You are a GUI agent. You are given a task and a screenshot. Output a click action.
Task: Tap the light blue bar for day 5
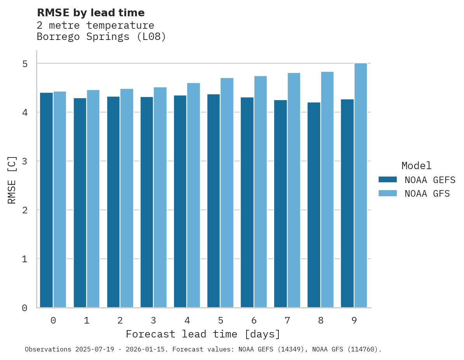tap(227, 193)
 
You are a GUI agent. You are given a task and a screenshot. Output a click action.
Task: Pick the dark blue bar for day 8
tap(314, 205)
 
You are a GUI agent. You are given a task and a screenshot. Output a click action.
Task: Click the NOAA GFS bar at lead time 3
tap(160, 197)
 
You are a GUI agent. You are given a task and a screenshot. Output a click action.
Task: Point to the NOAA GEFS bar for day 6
tap(247, 202)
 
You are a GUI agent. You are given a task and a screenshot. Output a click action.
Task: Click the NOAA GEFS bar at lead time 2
tap(113, 202)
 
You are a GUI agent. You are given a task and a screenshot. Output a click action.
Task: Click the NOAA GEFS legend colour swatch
tap(388, 180)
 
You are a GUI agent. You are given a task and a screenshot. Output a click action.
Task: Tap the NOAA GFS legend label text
tap(427, 193)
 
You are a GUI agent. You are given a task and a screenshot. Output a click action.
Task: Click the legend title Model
tap(416, 166)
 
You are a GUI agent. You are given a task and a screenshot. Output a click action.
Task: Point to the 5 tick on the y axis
tap(24, 64)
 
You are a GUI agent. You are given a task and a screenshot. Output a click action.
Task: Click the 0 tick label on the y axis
tap(24, 308)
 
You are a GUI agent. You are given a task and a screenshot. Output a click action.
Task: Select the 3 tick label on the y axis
tap(24, 161)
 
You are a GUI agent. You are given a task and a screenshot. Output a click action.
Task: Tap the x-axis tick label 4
tap(187, 320)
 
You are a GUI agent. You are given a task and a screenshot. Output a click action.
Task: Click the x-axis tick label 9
tap(354, 320)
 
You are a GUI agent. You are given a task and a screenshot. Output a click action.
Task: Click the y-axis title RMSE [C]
tap(12, 180)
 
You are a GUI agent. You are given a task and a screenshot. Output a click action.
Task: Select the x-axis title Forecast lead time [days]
tap(203, 334)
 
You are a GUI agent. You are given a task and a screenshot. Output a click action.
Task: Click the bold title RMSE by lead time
tap(90, 13)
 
